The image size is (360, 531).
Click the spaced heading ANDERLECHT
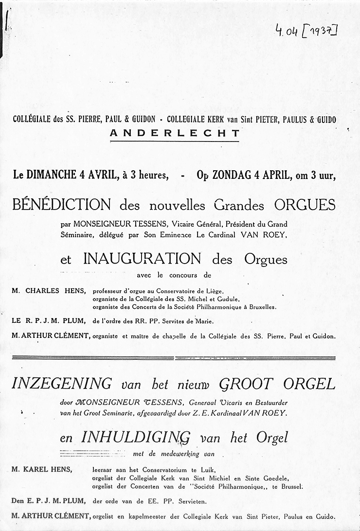click(x=175, y=133)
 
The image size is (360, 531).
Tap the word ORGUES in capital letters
click(x=305, y=204)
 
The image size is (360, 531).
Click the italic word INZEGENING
click(x=61, y=384)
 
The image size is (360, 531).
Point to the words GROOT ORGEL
click(x=277, y=384)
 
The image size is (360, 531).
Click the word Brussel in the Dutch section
click(x=290, y=486)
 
